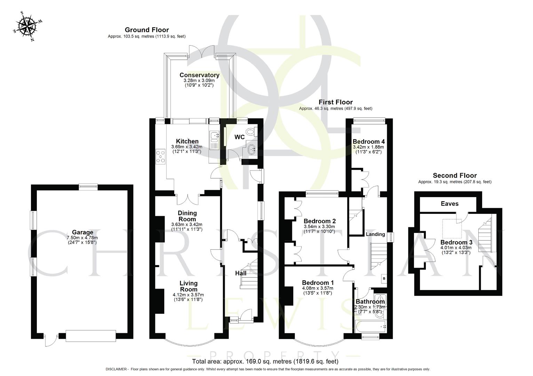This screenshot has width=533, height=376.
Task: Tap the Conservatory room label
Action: (x=199, y=75)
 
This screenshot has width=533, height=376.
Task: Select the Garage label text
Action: (x=82, y=232)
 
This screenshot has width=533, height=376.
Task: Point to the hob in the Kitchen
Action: (x=161, y=156)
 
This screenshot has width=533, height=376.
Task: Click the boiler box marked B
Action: (x=384, y=278)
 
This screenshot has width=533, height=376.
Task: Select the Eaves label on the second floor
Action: (x=450, y=204)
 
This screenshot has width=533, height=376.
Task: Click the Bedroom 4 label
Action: (x=368, y=141)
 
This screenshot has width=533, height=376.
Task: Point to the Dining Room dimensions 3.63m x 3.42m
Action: (x=187, y=224)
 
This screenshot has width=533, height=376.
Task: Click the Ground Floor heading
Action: (x=146, y=30)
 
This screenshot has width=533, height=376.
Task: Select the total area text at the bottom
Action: (x=265, y=361)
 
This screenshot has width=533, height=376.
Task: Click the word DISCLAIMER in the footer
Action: (x=117, y=369)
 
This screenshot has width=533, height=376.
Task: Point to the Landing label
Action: (x=375, y=234)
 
